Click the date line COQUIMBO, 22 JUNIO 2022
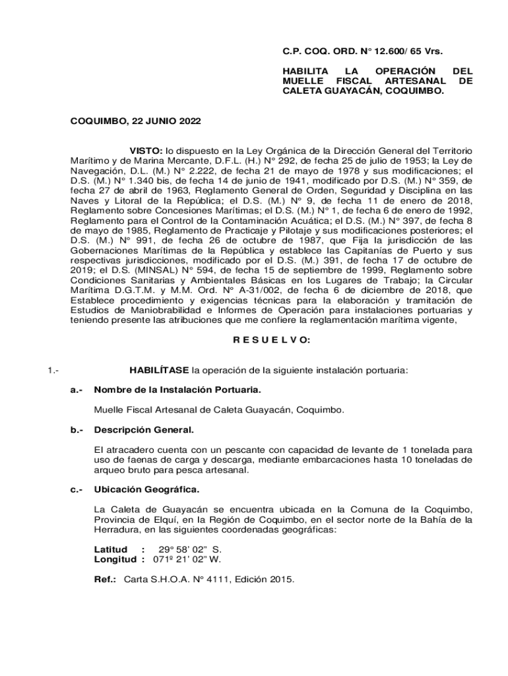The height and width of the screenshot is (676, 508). [136, 121]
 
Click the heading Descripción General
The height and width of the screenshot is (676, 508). [144, 430]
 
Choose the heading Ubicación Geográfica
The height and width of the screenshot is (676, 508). [146, 490]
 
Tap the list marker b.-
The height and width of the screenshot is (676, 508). [77, 430]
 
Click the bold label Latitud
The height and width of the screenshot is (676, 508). [111, 549]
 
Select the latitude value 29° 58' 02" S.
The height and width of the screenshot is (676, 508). [189, 549]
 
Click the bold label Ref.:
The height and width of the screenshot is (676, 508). [106, 580]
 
